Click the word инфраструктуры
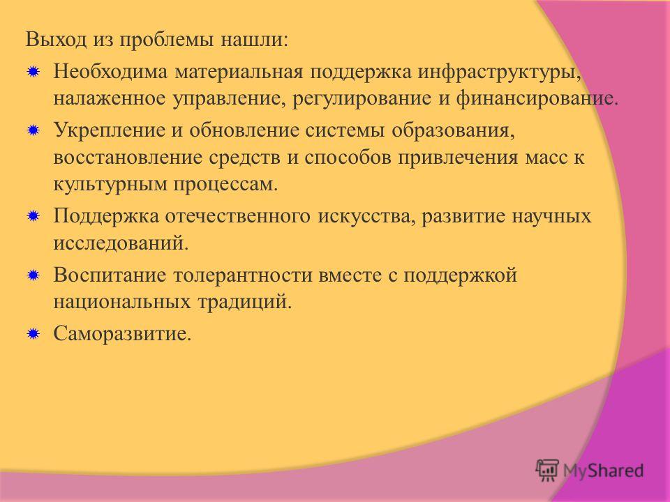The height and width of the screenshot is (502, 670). pos(499,72)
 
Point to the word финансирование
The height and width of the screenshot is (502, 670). pos(537,98)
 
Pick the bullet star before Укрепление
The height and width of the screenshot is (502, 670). pos(33,130)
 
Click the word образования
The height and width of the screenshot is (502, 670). pos(452,130)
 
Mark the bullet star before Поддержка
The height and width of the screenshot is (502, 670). pos(33,216)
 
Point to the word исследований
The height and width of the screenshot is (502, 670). pos(121,243)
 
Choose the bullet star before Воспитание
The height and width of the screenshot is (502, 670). pos(33,275)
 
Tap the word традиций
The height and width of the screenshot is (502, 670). pos(244,302)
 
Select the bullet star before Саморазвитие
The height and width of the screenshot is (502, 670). pos(33,333)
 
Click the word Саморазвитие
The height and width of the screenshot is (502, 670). pos(122,333)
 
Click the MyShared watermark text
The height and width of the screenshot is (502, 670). pos(603,471)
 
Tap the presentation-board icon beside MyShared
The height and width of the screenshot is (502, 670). pos(547,470)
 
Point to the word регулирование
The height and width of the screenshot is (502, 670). pos(362,98)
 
